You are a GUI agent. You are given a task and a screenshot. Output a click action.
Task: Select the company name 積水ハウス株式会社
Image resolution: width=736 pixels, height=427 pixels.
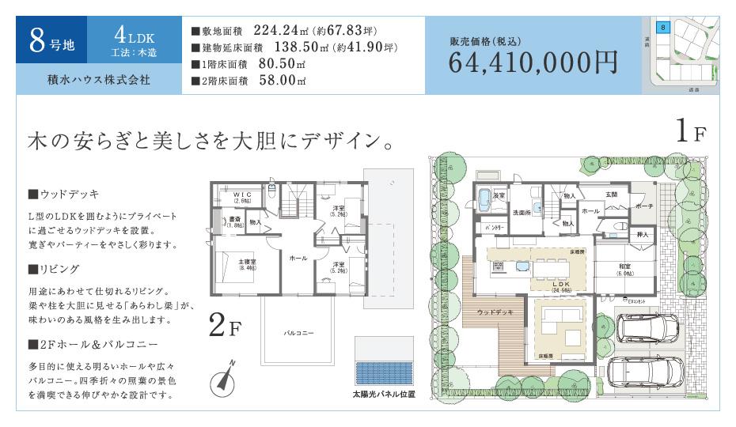click(x=98, y=81)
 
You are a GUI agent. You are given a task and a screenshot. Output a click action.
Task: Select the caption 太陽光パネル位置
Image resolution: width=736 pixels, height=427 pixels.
click(x=385, y=392)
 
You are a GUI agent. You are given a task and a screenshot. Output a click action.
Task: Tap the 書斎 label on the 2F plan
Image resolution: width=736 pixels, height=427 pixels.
click(x=235, y=220)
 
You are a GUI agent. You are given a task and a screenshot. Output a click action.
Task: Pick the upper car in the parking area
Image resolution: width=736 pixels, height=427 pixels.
click(x=648, y=327)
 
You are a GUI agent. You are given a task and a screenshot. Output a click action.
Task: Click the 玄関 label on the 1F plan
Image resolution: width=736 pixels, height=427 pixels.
click(x=612, y=195)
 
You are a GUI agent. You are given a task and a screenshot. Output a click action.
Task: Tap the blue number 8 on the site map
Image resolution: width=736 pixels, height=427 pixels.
click(x=662, y=27)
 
